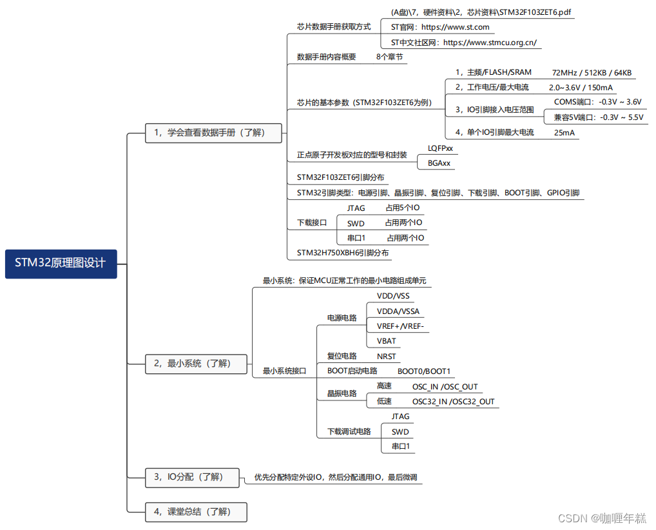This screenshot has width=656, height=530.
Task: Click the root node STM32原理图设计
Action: [61, 263]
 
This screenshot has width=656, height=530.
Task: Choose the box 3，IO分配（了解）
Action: [192, 477]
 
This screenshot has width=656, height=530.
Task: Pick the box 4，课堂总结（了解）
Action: [196, 512]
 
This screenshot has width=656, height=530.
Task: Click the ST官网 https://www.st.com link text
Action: [440, 27]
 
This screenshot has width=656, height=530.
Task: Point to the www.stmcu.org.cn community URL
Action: [490, 43]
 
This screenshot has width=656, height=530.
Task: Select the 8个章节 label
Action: [390, 57]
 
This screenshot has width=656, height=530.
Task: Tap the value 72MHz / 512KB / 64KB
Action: [592, 72]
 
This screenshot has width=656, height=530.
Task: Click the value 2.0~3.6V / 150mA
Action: [581, 87]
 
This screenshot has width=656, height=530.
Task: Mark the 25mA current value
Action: [564, 133]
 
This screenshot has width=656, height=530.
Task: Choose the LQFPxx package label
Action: [440, 148]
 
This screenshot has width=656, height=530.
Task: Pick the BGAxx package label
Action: [439, 163]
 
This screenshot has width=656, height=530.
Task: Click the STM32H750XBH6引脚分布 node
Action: [343, 253]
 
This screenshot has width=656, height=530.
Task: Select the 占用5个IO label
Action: [403, 208]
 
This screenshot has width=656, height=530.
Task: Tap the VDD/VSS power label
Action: [393, 296]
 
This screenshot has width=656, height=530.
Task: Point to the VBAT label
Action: [387, 341]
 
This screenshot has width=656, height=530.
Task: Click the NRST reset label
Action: [387, 356]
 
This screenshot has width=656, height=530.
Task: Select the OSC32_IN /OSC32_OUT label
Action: [453, 402]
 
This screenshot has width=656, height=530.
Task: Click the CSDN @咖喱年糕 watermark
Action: [601, 518]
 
